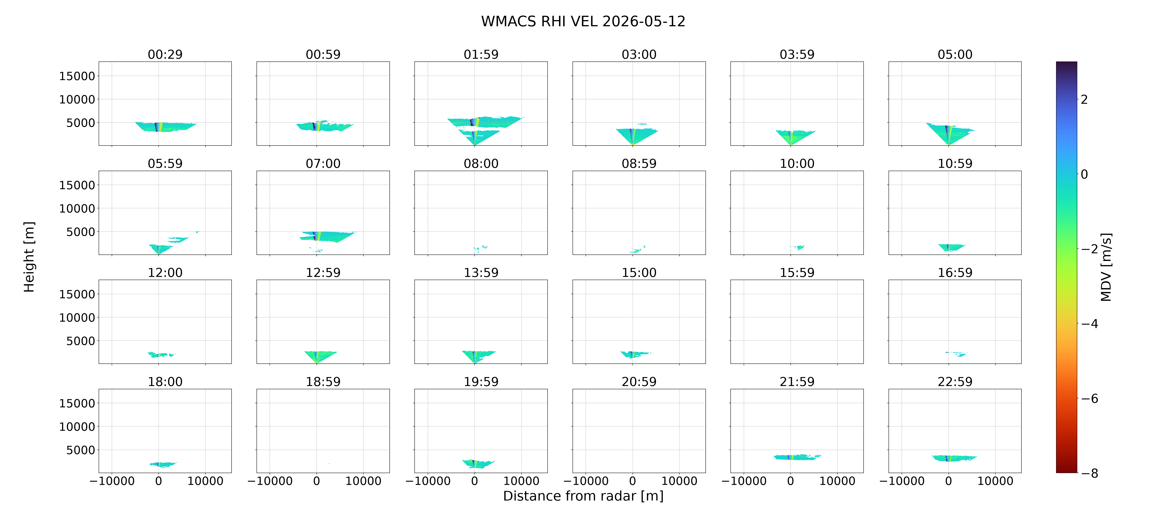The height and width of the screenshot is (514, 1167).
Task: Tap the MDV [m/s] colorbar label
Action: coord(1106,267)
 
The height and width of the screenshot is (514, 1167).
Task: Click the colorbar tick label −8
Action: coord(1089,473)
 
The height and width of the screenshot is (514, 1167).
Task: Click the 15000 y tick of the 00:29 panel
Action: coord(77,76)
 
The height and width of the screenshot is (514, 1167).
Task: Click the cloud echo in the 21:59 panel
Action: coord(797,457)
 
